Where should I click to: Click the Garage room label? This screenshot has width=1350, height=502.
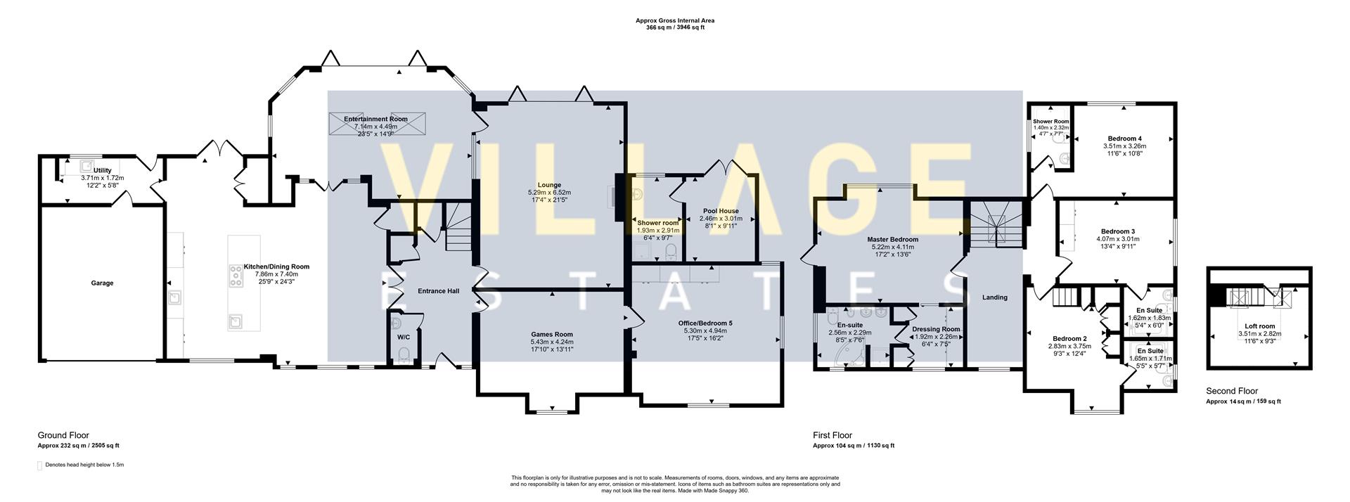point(102,283)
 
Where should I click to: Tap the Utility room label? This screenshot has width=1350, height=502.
point(103,170)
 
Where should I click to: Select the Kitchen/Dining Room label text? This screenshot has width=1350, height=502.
point(276,266)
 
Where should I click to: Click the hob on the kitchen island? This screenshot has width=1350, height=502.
point(235,276)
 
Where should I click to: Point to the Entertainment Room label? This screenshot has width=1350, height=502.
point(375,119)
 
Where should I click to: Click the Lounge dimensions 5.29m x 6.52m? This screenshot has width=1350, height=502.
point(549,192)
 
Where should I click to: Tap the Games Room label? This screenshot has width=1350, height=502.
point(551,334)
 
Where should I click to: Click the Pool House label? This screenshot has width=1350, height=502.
point(721,210)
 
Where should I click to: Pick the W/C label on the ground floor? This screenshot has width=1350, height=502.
point(403,337)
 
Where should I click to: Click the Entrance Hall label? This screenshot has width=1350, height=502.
point(438,290)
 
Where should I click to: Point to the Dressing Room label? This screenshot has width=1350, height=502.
point(935,329)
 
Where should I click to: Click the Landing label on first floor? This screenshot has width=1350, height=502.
point(994,297)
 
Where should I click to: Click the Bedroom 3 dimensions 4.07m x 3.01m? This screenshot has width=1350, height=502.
point(1117,239)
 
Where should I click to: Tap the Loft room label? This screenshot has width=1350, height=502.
point(1259,326)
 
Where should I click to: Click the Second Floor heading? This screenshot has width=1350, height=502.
point(1232,391)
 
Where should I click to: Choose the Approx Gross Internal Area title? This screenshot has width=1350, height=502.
point(675,21)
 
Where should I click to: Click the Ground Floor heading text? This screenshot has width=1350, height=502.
point(63,435)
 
